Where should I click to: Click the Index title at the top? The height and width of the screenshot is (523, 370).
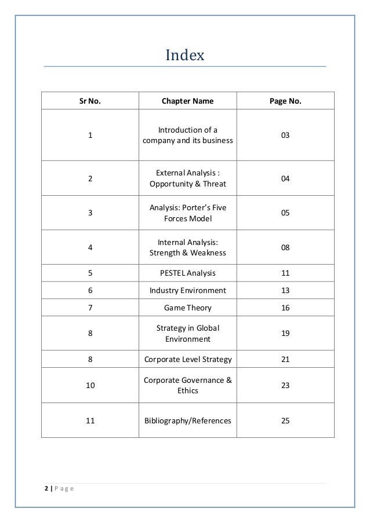185,55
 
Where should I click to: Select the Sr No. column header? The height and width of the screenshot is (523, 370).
90,101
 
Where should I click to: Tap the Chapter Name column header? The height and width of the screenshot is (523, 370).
187,101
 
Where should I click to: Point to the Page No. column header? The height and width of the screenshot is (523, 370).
285,101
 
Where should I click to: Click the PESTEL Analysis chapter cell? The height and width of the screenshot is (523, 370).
187,273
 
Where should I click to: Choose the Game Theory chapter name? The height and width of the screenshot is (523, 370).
187,308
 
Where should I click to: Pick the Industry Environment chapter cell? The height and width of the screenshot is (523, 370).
187,290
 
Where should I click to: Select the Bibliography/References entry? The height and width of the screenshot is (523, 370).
187,420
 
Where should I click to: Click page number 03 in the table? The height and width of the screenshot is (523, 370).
285,135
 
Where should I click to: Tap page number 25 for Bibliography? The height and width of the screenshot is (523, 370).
285,420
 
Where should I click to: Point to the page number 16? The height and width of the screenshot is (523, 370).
285,308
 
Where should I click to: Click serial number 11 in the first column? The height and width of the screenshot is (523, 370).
90,420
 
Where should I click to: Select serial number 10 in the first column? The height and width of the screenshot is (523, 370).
90,385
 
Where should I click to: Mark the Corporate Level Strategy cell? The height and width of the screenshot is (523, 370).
187,359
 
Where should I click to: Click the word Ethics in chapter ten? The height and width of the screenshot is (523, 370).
187,391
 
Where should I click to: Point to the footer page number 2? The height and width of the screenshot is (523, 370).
46,489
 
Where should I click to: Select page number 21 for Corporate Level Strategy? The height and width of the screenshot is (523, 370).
285,359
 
